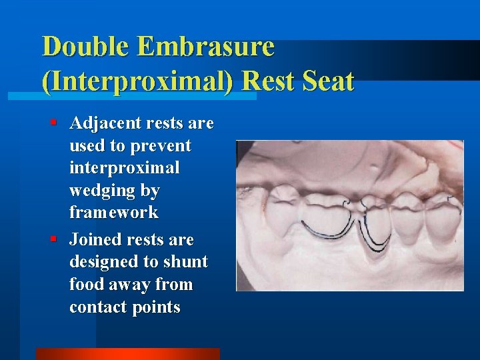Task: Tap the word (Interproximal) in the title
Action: point(137,81)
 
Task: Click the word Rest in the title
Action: point(265,81)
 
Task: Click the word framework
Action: point(114,213)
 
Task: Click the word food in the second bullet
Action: point(87,285)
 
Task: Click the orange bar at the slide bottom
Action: point(127,353)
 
